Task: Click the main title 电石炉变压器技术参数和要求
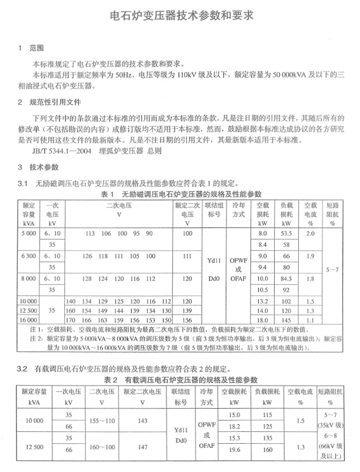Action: pos(182,15)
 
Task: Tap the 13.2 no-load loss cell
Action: pos(262,301)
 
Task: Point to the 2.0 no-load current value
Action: pos(310,234)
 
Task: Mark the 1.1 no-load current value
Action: pos(310,320)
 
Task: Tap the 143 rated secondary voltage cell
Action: pos(143,421)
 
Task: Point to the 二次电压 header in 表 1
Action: pos(119,205)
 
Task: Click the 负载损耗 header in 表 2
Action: pos(267,392)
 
